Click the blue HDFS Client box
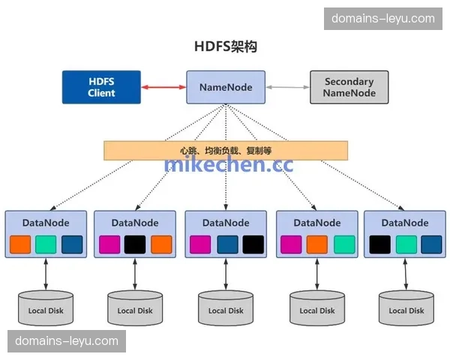point(101,87)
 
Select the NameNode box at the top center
point(226,87)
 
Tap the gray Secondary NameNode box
point(349,87)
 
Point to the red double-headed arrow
point(163,88)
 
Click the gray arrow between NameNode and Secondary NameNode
point(287,88)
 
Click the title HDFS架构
point(226,46)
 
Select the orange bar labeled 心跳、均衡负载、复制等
point(226,150)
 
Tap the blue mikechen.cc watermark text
point(229,164)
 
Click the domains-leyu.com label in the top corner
point(382,18)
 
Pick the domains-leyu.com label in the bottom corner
point(67,341)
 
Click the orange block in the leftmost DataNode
point(21,244)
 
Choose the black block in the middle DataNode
point(253,244)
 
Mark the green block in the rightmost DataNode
point(406,244)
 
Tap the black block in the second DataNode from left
point(135,244)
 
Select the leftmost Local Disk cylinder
point(46,308)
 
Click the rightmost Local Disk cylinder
point(406,308)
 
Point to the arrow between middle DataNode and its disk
point(226,274)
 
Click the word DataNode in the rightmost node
point(405,223)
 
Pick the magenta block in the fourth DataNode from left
point(291,244)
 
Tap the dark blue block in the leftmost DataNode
point(72,244)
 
